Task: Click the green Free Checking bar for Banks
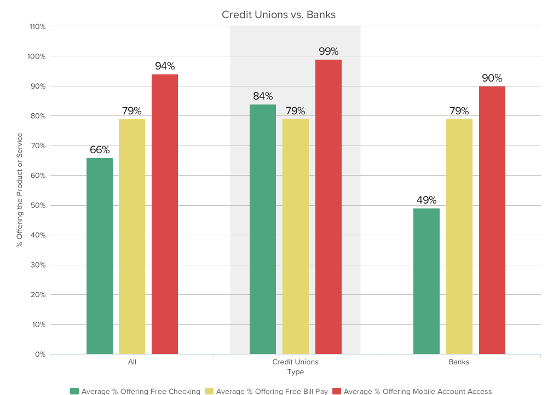pos(426,281)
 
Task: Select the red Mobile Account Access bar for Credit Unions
pos(328,207)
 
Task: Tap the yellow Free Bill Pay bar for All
pos(132,236)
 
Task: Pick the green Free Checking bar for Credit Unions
pos(263,229)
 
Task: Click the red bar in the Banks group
pos(492,220)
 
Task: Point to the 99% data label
pos(329,51)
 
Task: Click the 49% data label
pos(426,200)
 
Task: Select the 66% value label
pos(100,150)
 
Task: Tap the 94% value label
pos(165,66)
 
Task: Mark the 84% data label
pos(263,96)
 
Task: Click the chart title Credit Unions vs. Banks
pos(279,15)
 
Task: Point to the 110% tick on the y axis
pos(37,26)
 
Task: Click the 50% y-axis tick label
pos(38,205)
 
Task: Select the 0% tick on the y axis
pos(40,355)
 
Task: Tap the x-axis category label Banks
pos(459,362)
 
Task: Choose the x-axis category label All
pos(132,362)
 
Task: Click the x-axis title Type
pos(295,372)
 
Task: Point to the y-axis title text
pos(20,190)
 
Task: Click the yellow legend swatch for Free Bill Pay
pos(209,391)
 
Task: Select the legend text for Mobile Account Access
pos(417,391)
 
